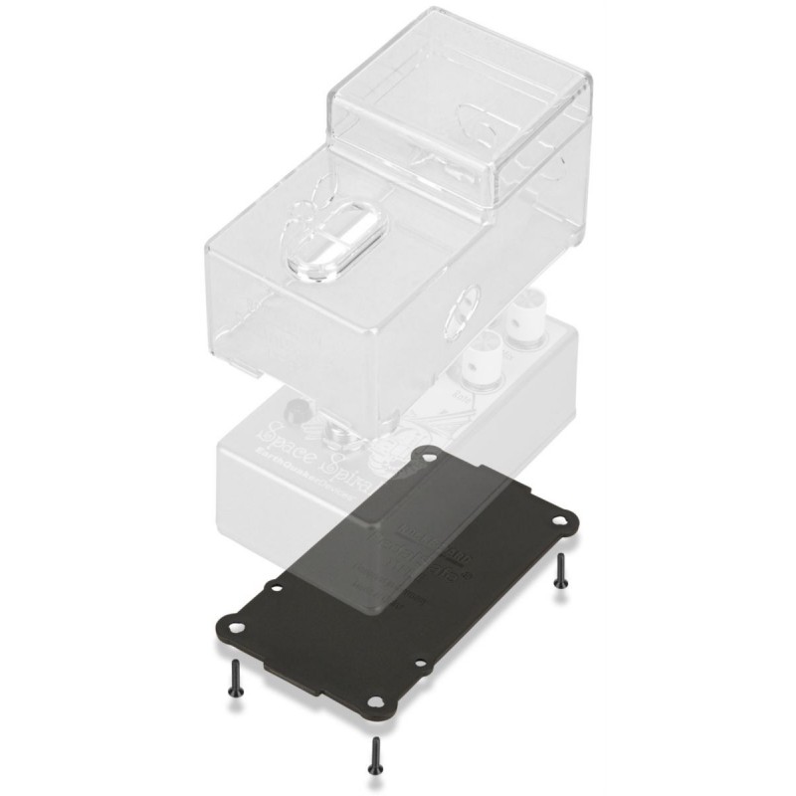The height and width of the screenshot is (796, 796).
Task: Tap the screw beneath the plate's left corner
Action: pos(235,682)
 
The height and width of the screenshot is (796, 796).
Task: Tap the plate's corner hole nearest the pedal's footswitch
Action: pos(429,457)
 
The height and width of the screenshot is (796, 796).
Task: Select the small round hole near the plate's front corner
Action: pos(421,663)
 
